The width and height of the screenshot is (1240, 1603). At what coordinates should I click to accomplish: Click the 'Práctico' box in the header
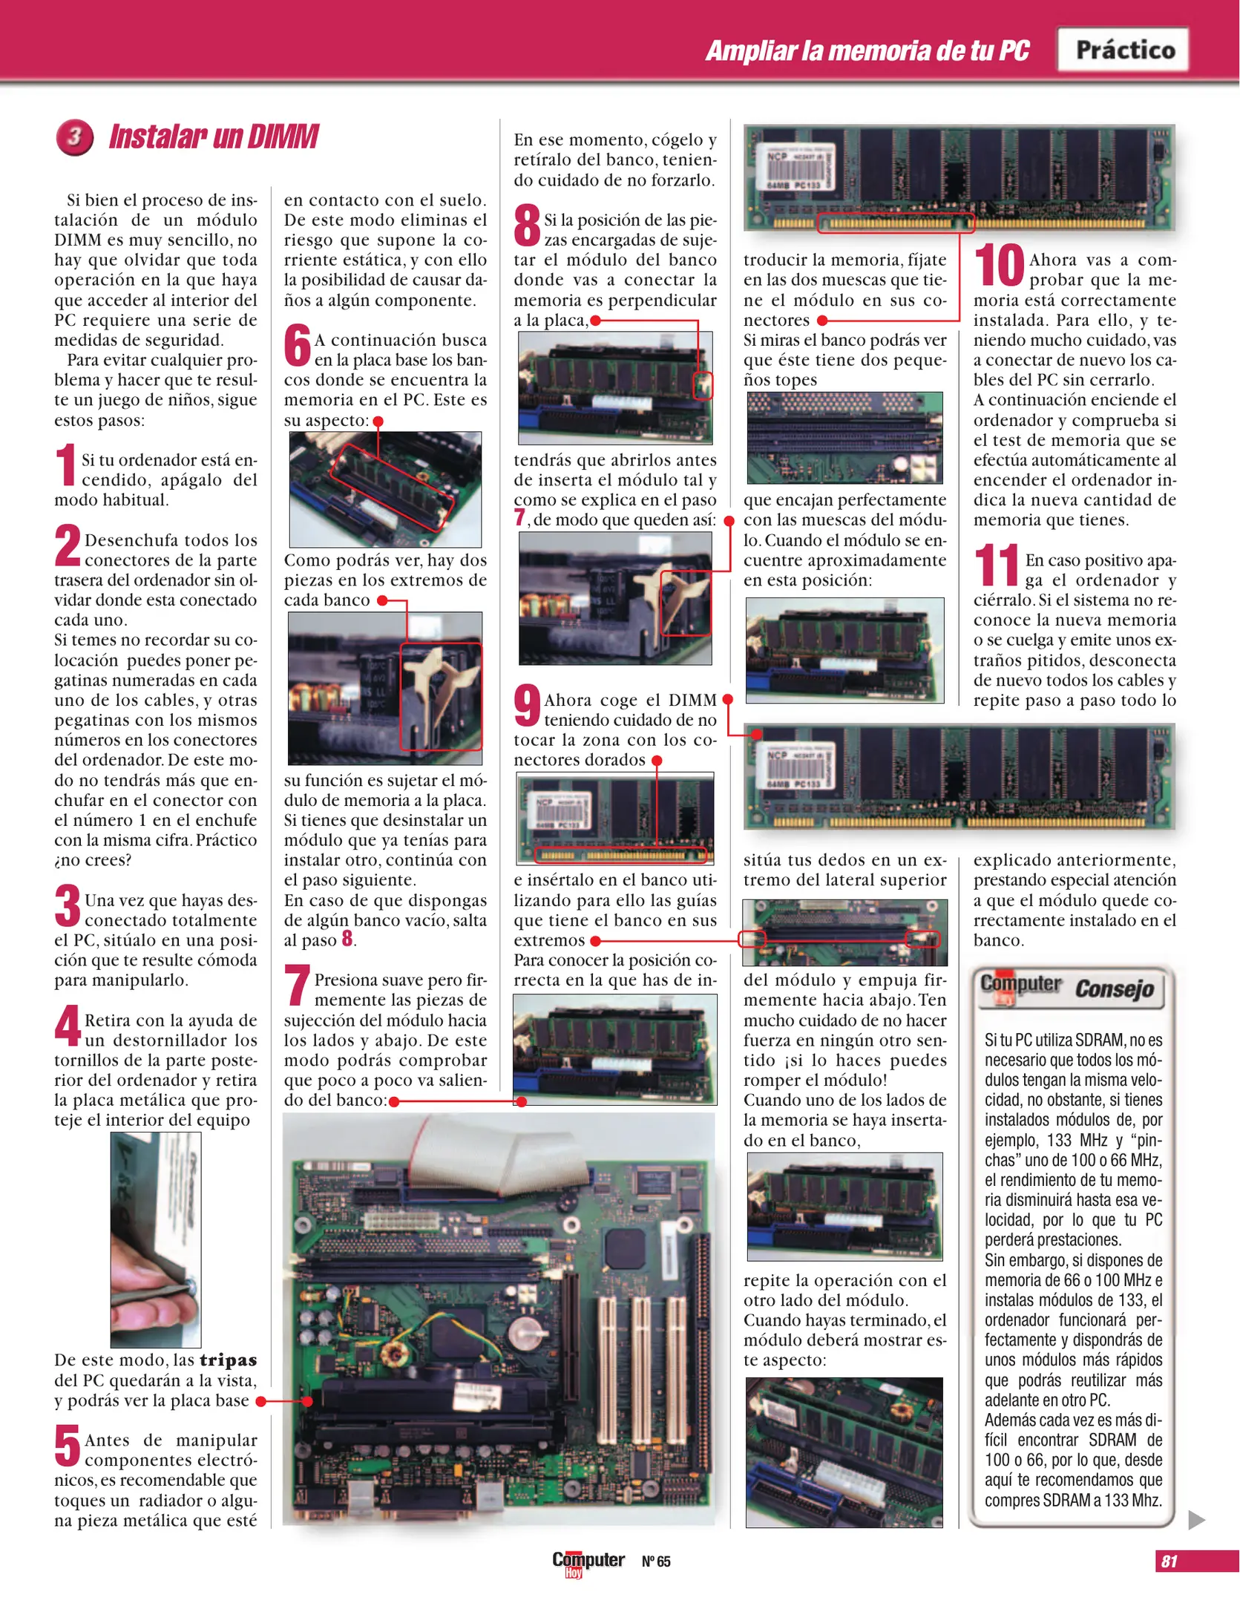coord(1123,50)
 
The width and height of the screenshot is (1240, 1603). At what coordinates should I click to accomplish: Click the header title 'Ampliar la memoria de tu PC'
coord(867,50)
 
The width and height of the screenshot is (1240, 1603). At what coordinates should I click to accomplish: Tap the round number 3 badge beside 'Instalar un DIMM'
coord(74,137)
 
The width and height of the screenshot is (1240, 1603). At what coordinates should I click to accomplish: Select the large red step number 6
coord(297,345)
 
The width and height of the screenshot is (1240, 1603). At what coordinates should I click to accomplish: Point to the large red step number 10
coord(999,266)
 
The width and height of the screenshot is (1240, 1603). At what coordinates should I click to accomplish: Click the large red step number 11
coord(997,566)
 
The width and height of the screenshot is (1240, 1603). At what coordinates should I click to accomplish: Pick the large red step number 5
coord(67,1446)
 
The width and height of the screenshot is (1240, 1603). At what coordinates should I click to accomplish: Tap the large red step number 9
coord(527,706)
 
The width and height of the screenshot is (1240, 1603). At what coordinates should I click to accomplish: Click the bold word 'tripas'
coord(228,1360)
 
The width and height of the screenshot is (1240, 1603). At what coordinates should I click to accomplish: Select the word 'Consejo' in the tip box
coord(1115,989)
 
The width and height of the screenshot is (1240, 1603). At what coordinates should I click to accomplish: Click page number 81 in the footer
coord(1170,1561)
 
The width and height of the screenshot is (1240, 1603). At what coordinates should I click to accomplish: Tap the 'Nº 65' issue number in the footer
coord(656,1561)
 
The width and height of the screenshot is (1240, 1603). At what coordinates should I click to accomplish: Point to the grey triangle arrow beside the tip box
coord(1195,1519)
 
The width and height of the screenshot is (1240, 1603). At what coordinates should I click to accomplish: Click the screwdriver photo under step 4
coord(156,1239)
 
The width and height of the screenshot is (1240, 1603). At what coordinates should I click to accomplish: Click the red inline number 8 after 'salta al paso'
coord(347,939)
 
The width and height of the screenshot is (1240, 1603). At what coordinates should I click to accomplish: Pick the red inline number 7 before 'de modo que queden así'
coord(519,518)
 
